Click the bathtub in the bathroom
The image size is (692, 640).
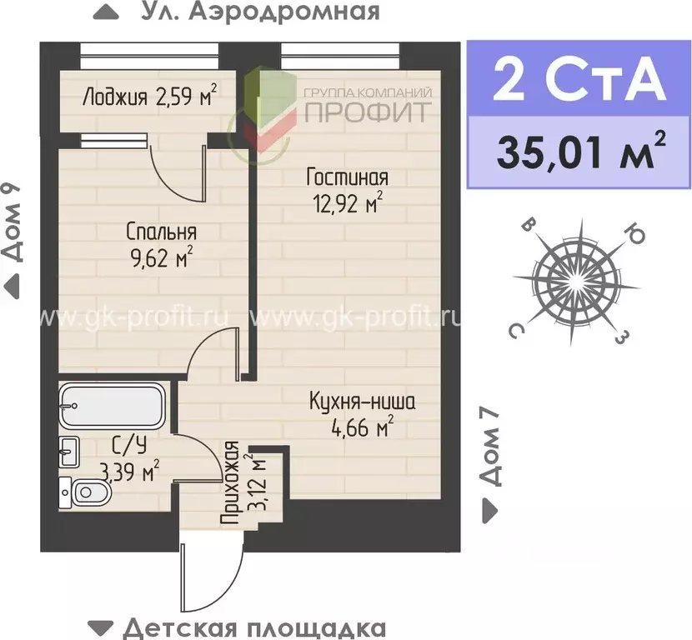[114, 407]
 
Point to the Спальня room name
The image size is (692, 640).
[162, 231]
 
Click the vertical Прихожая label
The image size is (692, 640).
[231, 483]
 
